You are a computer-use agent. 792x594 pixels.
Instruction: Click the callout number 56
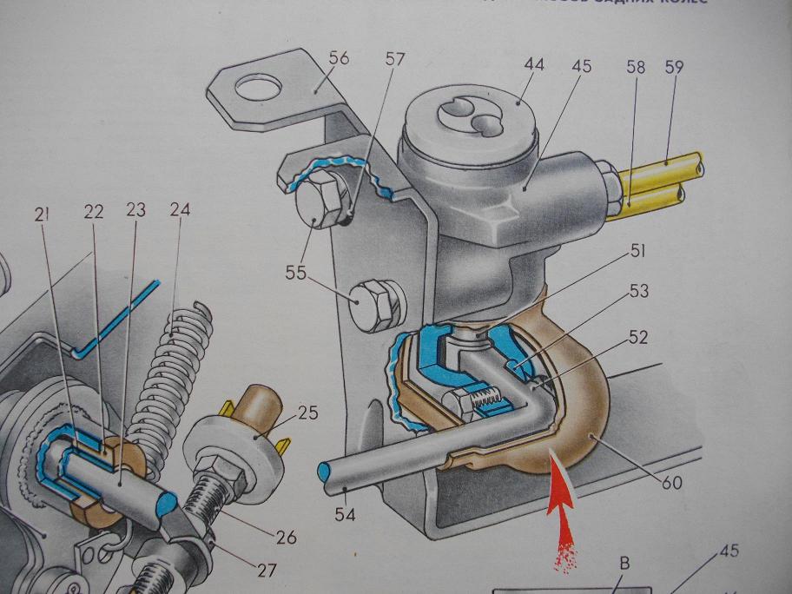[338, 58]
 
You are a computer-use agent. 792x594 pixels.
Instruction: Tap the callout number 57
[396, 58]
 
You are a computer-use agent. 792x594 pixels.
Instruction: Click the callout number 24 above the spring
[180, 209]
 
